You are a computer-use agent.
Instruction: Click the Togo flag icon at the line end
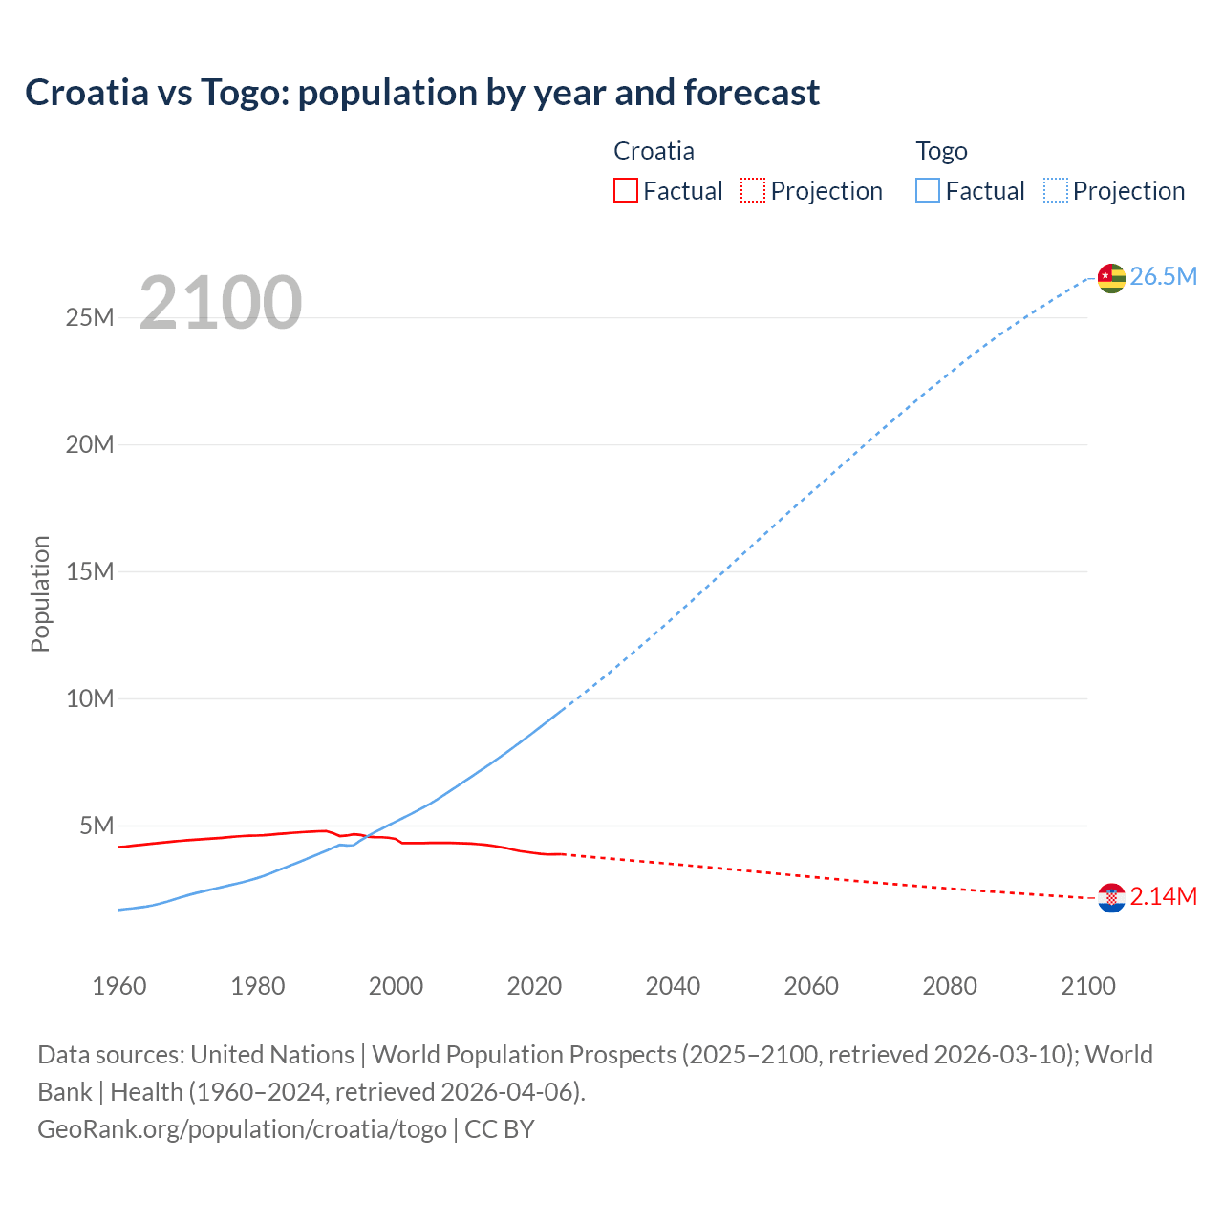point(1111,278)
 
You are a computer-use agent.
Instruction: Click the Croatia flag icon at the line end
point(1111,898)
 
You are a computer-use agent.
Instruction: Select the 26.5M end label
point(1163,277)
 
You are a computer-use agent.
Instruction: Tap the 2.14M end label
point(1163,897)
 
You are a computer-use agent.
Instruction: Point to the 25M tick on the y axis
point(90,318)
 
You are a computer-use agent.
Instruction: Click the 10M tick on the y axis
point(90,698)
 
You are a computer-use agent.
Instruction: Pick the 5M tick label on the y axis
point(97,826)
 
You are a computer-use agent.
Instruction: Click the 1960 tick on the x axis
point(119,986)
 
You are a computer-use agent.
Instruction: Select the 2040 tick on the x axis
point(673,986)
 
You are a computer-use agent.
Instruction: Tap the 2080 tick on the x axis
point(950,986)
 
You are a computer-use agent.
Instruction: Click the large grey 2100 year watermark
point(221,304)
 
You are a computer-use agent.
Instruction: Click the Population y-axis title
point(40,593)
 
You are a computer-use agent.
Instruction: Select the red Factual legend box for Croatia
point(626,191)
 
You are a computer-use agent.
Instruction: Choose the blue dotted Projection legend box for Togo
point(1056,191)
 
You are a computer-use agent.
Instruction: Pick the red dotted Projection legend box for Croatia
point(753,191)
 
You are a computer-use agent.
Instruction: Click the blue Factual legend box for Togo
point(928,191)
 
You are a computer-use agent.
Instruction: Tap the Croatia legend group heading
point(654,151)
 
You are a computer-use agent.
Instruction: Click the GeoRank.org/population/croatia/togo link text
point(242,1129)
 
